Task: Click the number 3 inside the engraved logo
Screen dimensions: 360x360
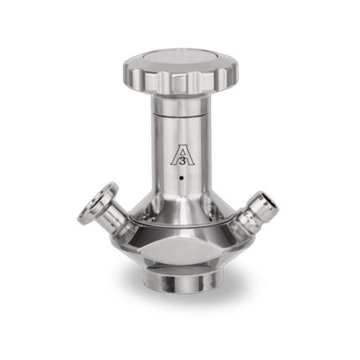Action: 183,162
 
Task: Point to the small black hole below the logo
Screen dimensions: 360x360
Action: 182,177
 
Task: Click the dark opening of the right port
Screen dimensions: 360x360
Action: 271,203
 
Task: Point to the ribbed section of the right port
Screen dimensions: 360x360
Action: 244,219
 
